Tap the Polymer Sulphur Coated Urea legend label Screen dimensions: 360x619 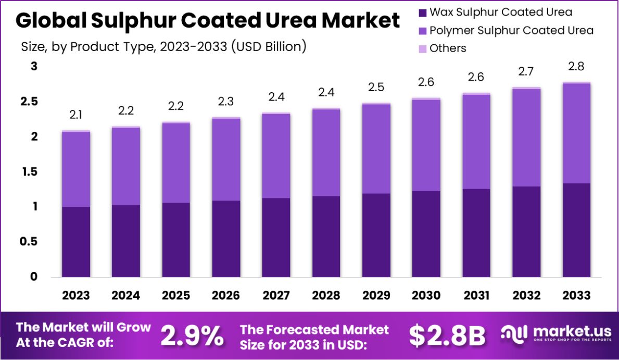511,30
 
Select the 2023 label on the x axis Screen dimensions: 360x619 76,295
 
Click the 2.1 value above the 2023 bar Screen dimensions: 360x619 76,115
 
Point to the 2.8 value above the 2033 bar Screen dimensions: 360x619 576,66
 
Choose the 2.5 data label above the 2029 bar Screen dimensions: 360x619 376,87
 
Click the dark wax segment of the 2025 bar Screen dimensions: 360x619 175,240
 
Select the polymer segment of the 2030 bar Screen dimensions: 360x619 426,145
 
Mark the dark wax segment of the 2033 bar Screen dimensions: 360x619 576,230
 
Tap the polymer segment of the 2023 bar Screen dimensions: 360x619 76,169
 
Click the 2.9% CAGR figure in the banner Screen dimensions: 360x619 192,336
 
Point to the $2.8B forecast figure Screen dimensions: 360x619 447,336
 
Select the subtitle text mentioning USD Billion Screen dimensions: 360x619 163,46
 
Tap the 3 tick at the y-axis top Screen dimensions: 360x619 34,66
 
